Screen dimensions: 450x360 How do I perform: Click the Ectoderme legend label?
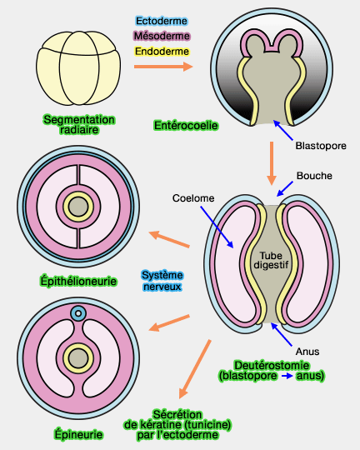[162, 20]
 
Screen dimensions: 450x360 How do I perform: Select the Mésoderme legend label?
[162, 36]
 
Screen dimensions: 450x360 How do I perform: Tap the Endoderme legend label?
[162, 52]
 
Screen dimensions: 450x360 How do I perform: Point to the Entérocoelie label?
[186, 125]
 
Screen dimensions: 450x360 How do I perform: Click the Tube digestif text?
[272, 262]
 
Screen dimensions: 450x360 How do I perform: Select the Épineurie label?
[77, 434]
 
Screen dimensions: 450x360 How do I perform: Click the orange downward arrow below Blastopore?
[272, 162]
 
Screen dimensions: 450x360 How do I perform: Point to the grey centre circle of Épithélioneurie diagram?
[78, 206]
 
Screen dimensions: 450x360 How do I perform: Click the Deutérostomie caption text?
[271, 370]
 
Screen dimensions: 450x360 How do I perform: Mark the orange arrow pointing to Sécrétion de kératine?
[193, 367]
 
